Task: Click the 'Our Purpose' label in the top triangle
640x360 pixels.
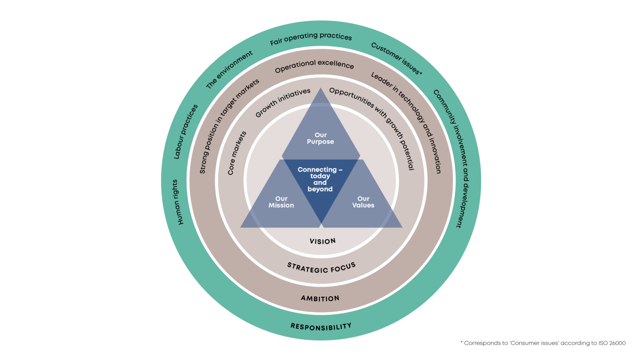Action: coord(320,138)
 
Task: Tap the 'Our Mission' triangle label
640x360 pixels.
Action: coord(281,202)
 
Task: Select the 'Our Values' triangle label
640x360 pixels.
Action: coord(363,202)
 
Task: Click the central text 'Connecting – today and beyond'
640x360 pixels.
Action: coord(320,179)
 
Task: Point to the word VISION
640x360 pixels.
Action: coord(323,241)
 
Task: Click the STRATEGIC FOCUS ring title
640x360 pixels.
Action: coord(321,268)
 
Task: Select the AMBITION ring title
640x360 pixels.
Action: coord(320,298)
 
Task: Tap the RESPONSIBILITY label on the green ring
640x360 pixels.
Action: coord(321,327)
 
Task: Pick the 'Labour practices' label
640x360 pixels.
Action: coord(186,132)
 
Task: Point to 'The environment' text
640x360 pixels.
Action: coord(229,70)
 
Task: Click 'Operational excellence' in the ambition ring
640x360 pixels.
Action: coord(314,66)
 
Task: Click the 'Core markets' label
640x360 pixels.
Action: coord(237,153)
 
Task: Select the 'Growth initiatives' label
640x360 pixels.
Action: coord(283,102)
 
